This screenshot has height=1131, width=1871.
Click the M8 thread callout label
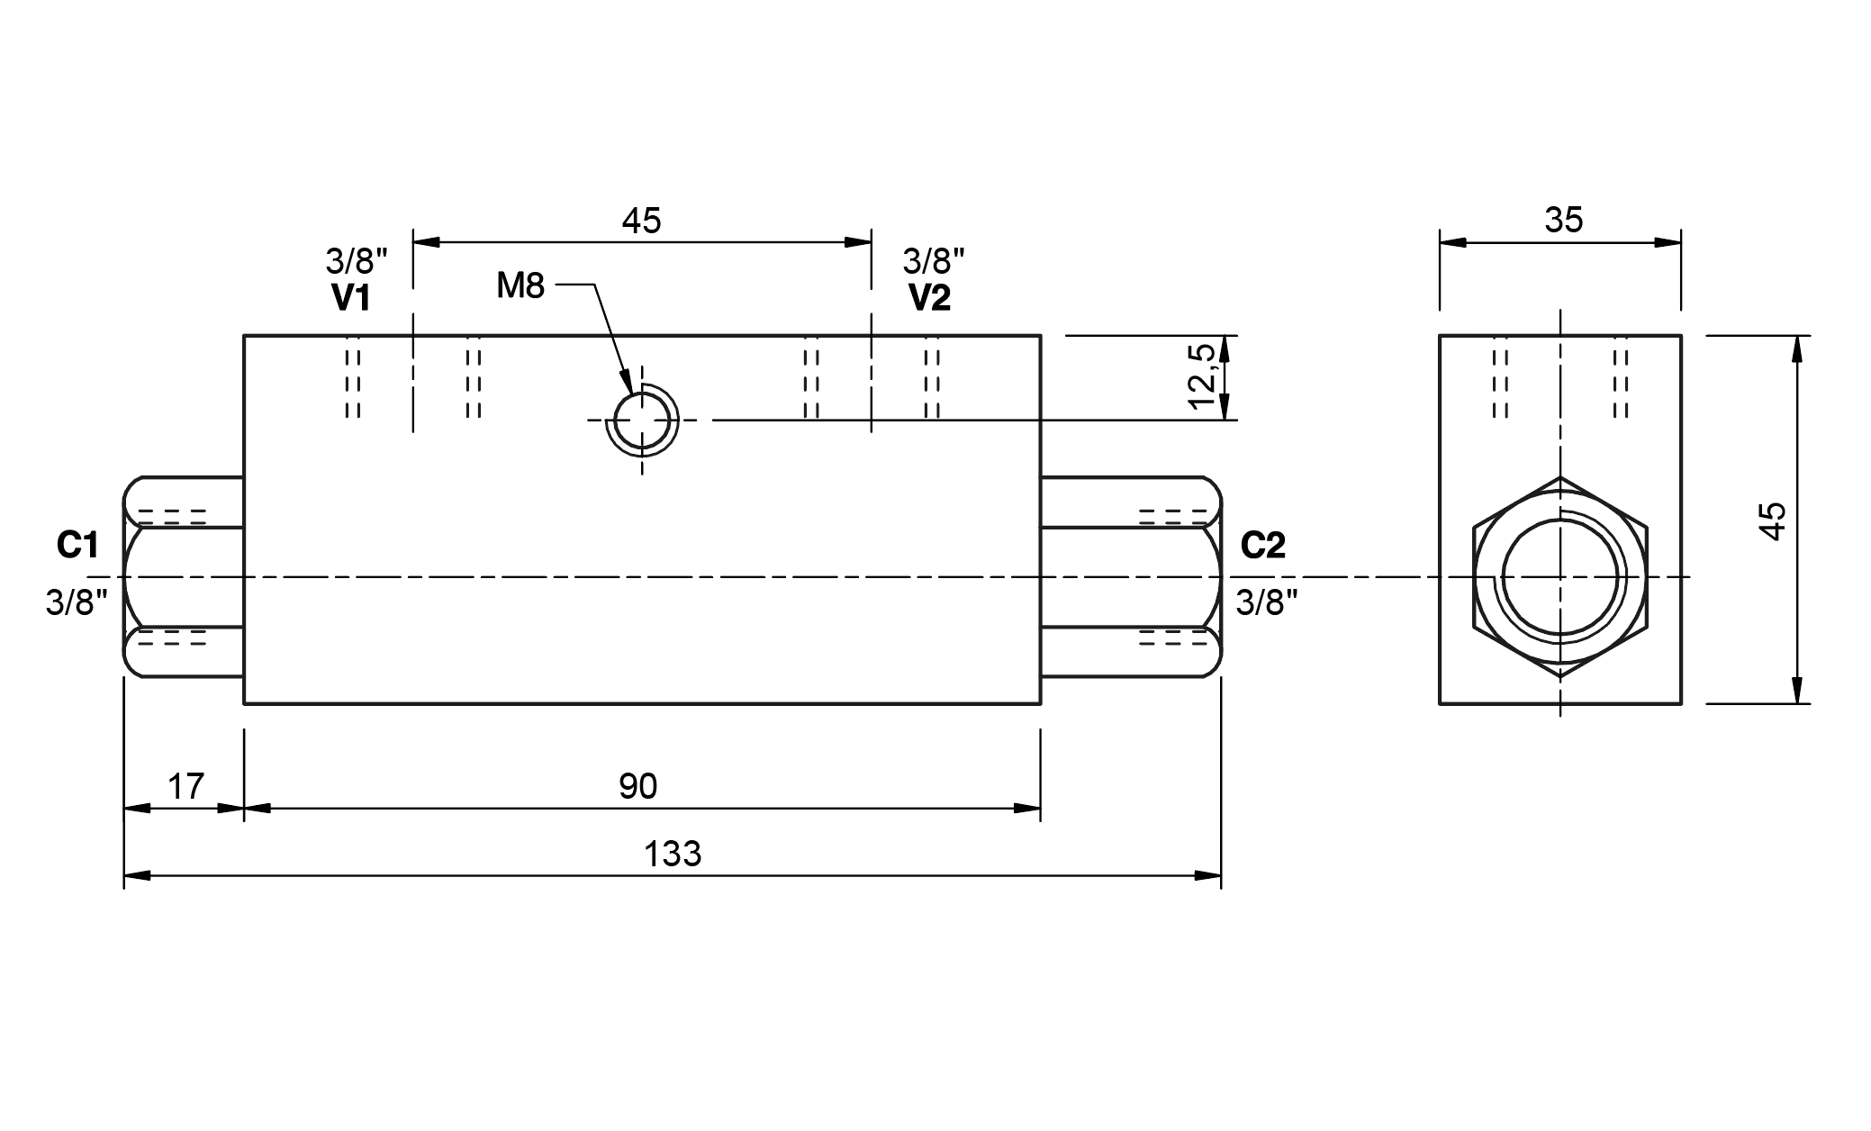[x=520, y=286]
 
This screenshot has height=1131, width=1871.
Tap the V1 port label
[x=352, y=298]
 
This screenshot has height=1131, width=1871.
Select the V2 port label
[x=930, y=298]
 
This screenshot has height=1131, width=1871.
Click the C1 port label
[x=77, y=545]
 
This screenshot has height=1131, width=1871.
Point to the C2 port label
[x=1263, y=545]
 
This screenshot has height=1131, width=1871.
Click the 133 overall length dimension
[x=673, y=854]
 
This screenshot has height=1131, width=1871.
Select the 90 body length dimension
[x=638, y=787]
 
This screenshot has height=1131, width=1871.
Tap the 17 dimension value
[x=186, y=787]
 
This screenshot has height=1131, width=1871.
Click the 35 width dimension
[x=1563, y=221]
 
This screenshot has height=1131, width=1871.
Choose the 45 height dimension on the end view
[x=1772, y=520]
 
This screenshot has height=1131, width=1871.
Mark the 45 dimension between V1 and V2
[x=641, y=221]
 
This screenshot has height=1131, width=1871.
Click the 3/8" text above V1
[x=357, y=262]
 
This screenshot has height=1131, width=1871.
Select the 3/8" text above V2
[x=934, y=262]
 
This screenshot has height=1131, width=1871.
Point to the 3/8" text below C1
[x=77, y=602]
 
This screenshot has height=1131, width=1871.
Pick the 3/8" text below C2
[x=1267, y=602]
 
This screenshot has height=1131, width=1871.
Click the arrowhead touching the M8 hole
[x=626, y=384]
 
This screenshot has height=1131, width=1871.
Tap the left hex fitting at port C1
[x=184, y=576]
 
